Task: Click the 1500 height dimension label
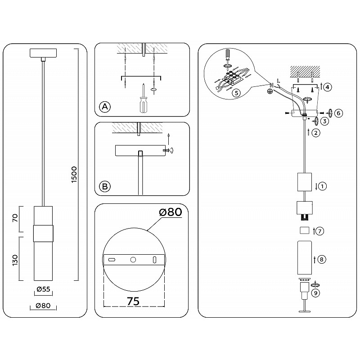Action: coord(74,175)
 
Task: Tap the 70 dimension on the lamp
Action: coord(15,218)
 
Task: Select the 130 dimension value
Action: coord(15,260)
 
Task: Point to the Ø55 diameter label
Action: coord(43,289)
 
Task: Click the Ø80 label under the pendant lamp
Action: coord(43,306)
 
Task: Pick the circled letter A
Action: coord(105,107)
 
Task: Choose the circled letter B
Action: coord(105,186)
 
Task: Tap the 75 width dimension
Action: coord(133,301)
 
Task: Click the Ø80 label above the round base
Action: coord(171,212)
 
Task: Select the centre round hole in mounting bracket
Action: coord(133,260)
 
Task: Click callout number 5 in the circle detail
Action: coord(236,93)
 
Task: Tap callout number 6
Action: coord(339,113)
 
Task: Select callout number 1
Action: coord(322,186)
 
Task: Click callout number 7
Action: coord(319,231)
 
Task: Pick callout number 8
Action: coord(321,260)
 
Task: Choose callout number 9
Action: coord(316,293)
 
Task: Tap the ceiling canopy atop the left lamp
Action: coord(43,53)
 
